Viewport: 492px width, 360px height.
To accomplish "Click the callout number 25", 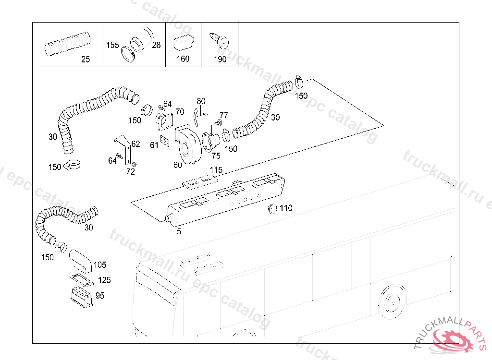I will pyautogui.click(x=85, y=60).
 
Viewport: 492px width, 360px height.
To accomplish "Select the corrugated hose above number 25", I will pyautogui.click(x=67, y=43).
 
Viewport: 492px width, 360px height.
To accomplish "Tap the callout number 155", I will pyautogui.click(x=112, y=45).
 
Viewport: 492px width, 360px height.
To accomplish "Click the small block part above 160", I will pyautogui.click(x=183, y=42).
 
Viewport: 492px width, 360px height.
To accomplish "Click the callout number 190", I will pyautogui.click(x=220, y=60).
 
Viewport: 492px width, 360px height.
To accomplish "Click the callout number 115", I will pyautogui.click(x=216, y=170).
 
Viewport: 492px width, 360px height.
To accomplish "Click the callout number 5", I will pyautogui.click(x=179, y=231).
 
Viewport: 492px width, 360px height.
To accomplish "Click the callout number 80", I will pyautogui.click(x=201, y=101).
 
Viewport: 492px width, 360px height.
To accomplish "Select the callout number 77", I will pyautogui.click(x=224, y=115).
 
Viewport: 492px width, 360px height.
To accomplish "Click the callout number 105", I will pyautogui.click(x=100, y=264).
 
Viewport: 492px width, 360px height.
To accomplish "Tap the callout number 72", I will pyautogui.click(x=131, y=172).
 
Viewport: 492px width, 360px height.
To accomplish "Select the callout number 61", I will pyautogui.click(x=154, y=145).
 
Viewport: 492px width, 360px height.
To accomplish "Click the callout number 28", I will pyautogui.click(x=157, y=45).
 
